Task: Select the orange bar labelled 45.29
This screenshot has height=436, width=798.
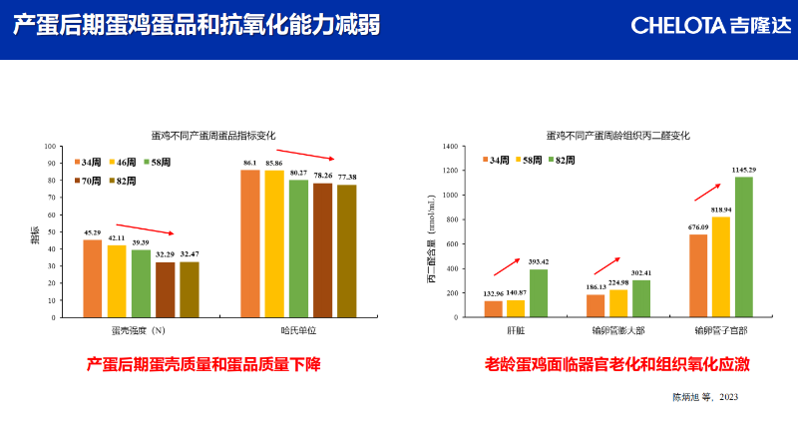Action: [92, 279]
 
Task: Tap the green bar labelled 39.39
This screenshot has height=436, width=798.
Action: [141, 284]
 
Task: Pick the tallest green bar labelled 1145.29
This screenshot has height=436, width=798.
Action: [744, 247]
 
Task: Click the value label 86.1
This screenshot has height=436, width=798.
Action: [249, 163]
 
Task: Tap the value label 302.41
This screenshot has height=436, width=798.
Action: [640, 272]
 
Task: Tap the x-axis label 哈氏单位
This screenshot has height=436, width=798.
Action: [298, 330]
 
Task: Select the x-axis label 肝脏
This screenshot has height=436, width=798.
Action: [516, 330]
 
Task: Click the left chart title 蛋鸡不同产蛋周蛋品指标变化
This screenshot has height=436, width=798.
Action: [212, 135]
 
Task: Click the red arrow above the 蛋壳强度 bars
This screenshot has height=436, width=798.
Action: [145, 229]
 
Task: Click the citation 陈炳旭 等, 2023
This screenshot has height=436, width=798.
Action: [704, 397]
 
